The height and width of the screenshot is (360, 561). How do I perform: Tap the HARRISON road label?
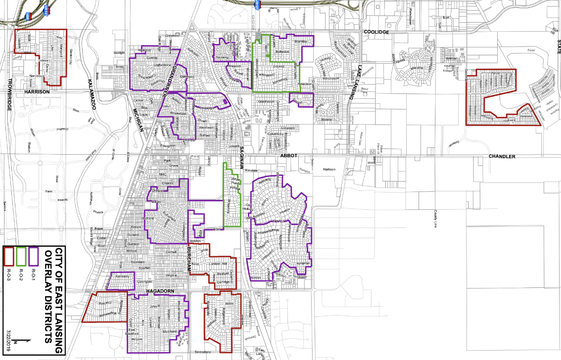pyautogui.click(x=37, y=92)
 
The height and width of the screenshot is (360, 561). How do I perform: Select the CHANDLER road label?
pyautogui.click(x=502, y=156)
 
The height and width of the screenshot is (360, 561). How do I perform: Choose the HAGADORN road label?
pyautogui.click(x=162, y=292)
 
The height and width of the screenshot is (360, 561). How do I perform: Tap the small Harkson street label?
pyautogui.click(x=329, y=169)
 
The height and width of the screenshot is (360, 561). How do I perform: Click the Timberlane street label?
pyautogui.click(x=202, y=352)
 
